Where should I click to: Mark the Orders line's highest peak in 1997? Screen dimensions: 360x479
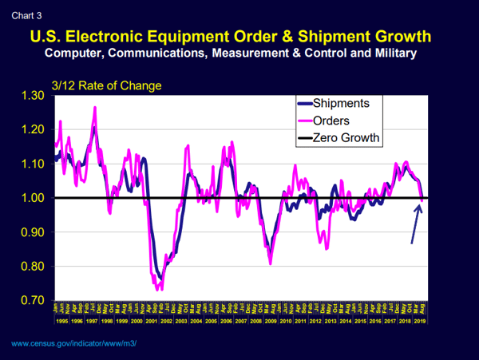click(x=95, y=107)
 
